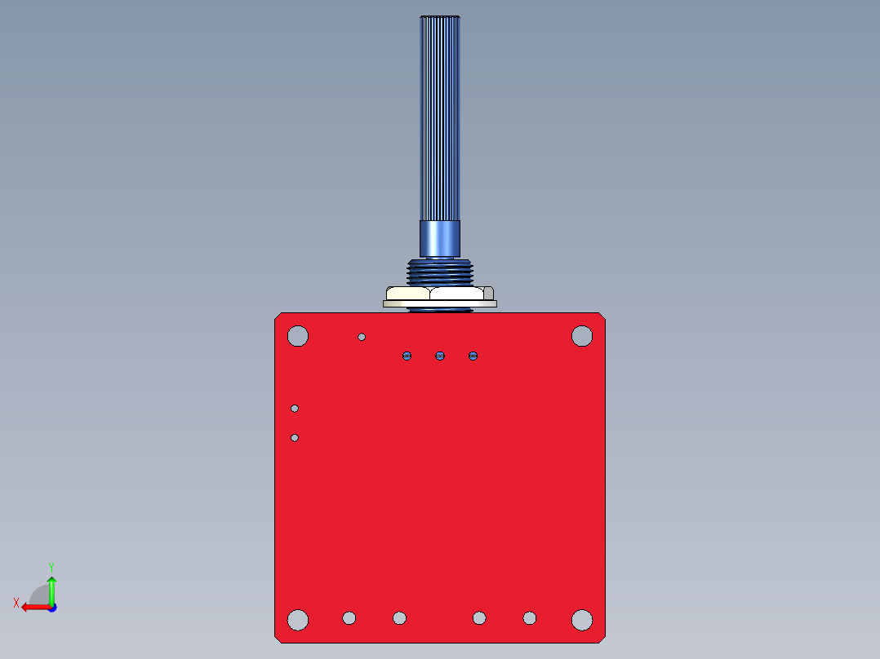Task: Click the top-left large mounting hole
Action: (x=298, y=335)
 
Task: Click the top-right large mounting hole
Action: (x=581, y=335)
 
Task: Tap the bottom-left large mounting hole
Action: (x=298, y=620)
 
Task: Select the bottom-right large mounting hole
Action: (x=581, y=620)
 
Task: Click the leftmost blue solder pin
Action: (x=407, y=356)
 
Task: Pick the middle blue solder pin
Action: (x=440, y=356)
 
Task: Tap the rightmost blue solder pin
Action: (x=473, y=356)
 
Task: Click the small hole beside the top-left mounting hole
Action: (x=362, y=337)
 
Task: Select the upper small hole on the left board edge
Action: (x=295, y=409)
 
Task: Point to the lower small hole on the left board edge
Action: (x=295, y=438)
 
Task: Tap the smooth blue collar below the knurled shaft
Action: (x=440, y=238)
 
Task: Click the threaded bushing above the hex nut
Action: (x=440, y=271)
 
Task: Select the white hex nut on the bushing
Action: (x=440, y=293)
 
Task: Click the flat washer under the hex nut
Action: (x=440, y=303)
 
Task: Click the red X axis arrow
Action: (x=34, y=607)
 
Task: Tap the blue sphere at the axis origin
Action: (x=51, y=607)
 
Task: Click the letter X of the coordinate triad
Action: (x=16, y=603)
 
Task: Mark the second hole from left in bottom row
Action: (x=349, y=618)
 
